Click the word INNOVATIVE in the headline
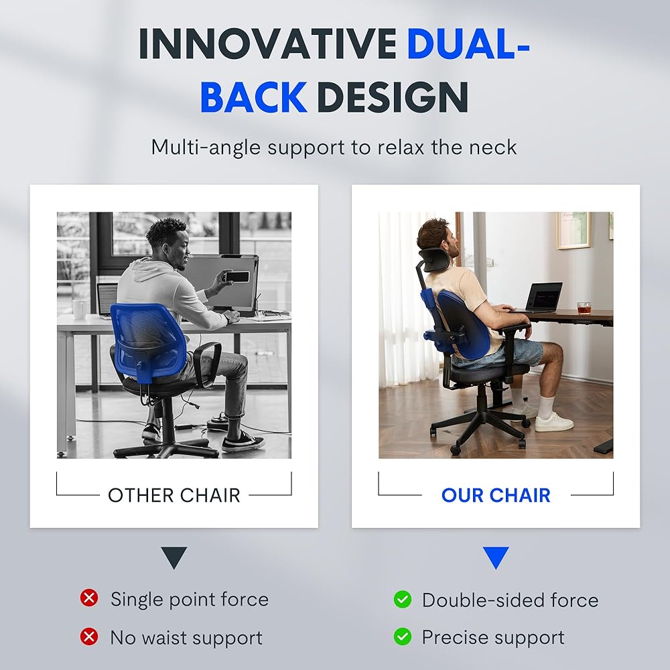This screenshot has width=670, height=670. pos(268,44)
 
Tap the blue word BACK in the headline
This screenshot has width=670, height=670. pos(253,97)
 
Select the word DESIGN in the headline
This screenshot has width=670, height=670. pos(393,97)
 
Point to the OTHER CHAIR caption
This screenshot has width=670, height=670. pos(174,496)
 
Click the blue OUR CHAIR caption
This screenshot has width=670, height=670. pos(496,495)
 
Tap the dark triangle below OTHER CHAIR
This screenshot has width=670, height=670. pos(174,556)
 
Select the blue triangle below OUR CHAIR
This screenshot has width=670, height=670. pos(496,556)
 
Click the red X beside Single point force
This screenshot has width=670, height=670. pos(89,598)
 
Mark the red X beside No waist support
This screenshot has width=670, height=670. pos(89,636)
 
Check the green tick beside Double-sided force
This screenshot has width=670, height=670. pos(403,600)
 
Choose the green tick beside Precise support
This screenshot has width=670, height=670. pos(403,636)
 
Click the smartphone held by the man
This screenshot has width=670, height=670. pos(237,277)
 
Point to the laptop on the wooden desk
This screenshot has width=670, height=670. pos(542,297)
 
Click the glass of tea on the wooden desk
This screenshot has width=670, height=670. pos(584,308)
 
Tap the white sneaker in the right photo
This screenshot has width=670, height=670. pos(553,421)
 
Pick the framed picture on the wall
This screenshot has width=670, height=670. pos(573,230)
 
